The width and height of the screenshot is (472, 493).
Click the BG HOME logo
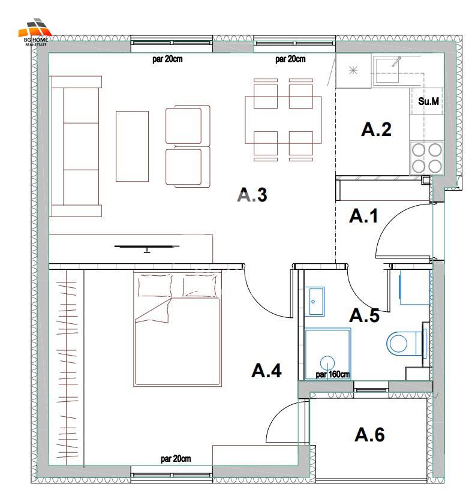35,32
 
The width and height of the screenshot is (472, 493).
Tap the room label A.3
252,195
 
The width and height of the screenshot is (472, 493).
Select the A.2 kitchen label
376,130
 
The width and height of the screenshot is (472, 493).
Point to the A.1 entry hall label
363,216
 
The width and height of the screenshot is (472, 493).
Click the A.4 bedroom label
266,371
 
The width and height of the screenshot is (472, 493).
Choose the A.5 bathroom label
365,315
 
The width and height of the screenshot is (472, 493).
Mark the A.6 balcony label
369,435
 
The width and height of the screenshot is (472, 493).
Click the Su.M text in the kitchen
428,101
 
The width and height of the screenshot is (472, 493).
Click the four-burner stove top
426,158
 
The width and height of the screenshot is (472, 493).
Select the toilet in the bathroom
405,342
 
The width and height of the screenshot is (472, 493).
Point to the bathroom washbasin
315,301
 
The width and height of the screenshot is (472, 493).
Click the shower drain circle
327,363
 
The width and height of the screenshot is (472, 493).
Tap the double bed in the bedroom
178,329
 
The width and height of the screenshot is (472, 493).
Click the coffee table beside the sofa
132,146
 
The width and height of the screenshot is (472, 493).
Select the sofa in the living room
76,146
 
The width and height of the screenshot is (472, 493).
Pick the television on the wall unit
146,248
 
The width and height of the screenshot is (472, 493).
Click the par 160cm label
333,374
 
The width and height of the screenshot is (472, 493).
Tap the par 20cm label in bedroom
176,459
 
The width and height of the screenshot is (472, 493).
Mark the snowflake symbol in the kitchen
353,70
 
